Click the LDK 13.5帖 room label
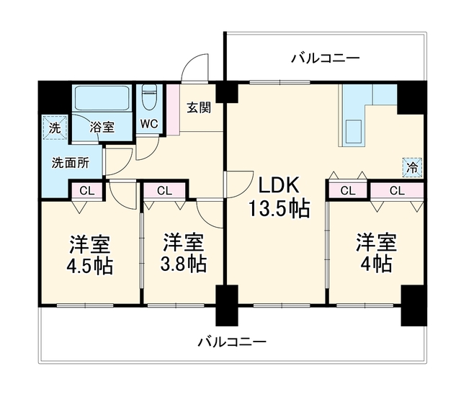[x=279, y=197]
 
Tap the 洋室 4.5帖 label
[x=89, y=255]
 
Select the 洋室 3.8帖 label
[x=183, y=253]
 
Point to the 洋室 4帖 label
[x=376, y=253]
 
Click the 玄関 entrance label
[x=199, y=108]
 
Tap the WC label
[x=149, y=124]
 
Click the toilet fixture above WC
[x=149, y=97]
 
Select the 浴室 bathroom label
[x=102, y=127]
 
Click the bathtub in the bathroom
[x=102, y=98]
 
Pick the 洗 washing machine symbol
[x=55, y=128]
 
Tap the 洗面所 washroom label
[x=71, y=163]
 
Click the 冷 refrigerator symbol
[x=413, y=168]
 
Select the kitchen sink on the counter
[x=354, y=132]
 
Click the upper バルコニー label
[x=326, y=58]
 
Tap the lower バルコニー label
[x=232, y=342]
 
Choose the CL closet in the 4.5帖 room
[x=87, y=191]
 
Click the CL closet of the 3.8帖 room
[x=164, y=191]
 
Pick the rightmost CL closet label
[x=397, y=191]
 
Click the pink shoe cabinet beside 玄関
[x=173, y=110]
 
